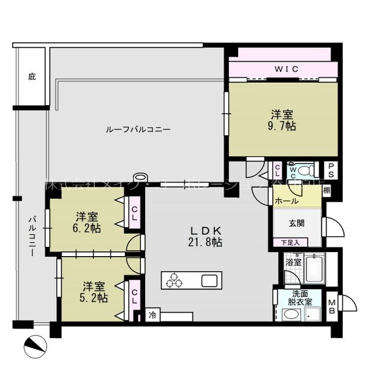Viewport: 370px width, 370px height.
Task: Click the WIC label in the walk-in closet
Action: [286, 69]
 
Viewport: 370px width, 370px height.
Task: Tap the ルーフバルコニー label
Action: [138, 129]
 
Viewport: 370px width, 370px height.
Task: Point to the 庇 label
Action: [31, 76]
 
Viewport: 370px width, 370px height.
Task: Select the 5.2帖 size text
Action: [94, 298]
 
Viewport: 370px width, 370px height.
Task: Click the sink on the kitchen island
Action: [209, 281]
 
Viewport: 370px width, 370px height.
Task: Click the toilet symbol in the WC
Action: [308, 171]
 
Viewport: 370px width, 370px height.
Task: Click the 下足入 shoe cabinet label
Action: [290, 242]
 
